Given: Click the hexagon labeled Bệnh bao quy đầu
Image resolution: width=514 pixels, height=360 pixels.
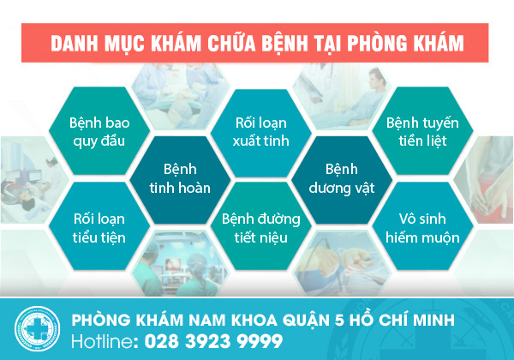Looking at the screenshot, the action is [x=99, y=131].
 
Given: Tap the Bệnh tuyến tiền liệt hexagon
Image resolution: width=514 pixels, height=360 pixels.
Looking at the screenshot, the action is [x=422, y=131].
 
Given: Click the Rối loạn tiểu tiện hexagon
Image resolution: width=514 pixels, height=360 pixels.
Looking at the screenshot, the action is [x=99, y=226].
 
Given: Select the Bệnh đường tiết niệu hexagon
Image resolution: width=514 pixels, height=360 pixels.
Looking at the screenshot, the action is [x=261, y=226].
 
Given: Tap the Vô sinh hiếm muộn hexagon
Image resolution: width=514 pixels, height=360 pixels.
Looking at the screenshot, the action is [x=422, y=226].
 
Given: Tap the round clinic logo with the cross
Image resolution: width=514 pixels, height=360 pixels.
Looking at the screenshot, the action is [x=37, y=328].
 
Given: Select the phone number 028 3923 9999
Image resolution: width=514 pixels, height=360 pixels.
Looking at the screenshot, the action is [x=213, y=341].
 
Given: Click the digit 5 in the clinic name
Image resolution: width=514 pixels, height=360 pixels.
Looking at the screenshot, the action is [x=338, y=321].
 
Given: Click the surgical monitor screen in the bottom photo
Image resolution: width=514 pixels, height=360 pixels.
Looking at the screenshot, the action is [x=173, y=264].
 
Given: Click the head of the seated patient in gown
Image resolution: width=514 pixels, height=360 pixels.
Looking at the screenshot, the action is [x=376, y=79].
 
